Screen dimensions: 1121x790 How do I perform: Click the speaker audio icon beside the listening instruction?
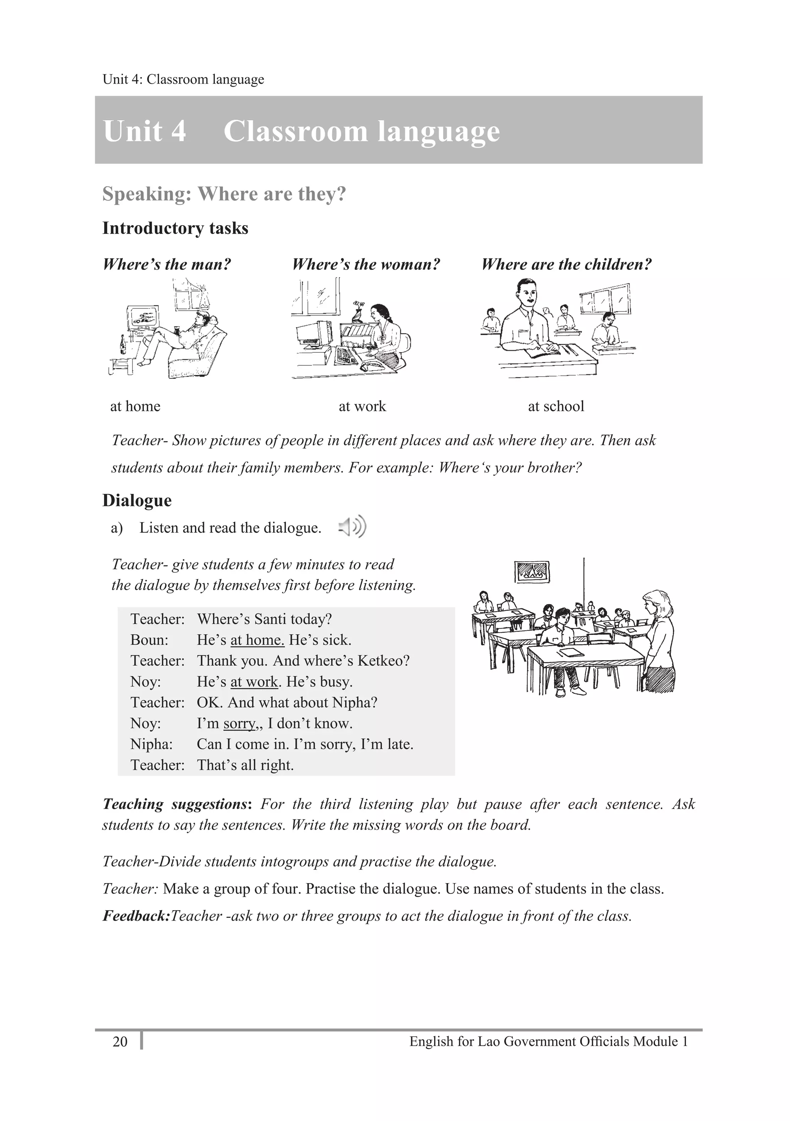point(352,527)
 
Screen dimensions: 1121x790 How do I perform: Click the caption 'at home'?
point(135,406)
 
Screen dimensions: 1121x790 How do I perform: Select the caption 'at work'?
point(362,406)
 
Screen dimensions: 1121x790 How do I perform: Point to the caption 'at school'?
point(556,406)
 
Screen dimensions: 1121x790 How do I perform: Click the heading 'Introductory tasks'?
point(175,228)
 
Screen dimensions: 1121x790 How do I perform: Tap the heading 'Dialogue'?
point(137,500)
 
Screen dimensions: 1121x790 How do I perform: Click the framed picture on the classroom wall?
point(532,571)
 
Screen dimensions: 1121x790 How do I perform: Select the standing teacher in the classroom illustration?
point(658,640)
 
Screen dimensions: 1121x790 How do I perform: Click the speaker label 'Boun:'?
point(149,640)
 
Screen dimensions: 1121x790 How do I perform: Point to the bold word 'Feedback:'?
point(136,916)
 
